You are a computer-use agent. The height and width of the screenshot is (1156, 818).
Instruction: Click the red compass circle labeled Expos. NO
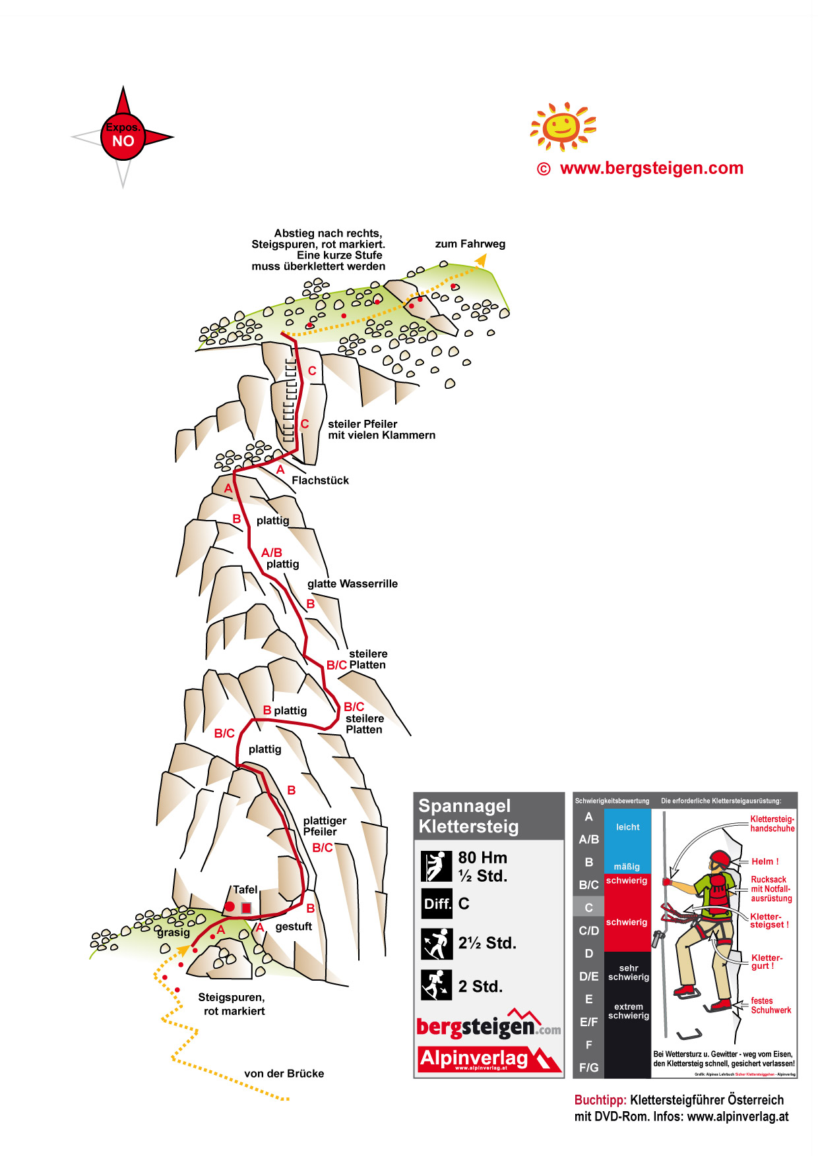pyautogui.click(x=123, y=137)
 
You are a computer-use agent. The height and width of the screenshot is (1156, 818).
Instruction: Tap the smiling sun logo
pyautogui.click(x=562, y=125)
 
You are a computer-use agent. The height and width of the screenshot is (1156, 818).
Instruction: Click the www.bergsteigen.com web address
pyautogui.click(x=651, y=169)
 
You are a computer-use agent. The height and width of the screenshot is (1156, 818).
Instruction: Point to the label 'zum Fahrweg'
pyautogui.click(x=470, y=244)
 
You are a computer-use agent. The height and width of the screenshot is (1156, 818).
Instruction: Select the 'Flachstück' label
pyautogui.click(x=320, y=480)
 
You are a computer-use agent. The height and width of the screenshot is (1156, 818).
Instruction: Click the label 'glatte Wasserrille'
pyautogui.click(x=352, y=584)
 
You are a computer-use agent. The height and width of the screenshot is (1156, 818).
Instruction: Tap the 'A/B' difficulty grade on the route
pyautogui.click(x=271, y=552)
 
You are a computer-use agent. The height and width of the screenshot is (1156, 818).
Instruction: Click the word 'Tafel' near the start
pyautogui.click(x=245, y=889)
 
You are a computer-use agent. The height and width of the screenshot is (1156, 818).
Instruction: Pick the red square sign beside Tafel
pyautogui.click(x=246, y=908)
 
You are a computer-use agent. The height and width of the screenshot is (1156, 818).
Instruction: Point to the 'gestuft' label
pyautogui.click(x=294, y=927)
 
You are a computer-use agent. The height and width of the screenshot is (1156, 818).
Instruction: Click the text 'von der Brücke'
pyautogui.click(x=284, y=1074)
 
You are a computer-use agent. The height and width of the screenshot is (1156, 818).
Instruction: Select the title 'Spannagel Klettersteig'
pyautogui.click(x=468, y=816)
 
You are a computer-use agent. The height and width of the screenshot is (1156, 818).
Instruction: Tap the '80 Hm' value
pyautogui.click(x=483, y=857)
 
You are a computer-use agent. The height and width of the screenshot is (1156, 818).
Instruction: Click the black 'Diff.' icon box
pyautogui.click(x=437, y=904)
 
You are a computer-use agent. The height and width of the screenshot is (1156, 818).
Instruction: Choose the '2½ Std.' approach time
pyautogui.click(x=487, y=943)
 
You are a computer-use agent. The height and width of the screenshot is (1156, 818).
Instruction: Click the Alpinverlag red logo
pyautogui.click(x=488, y=1059)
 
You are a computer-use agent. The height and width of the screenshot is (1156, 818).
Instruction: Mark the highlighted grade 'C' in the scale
pyautogui.click(x=588, y=908)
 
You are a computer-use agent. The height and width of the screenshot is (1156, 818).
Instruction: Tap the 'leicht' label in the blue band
pyautogui.click(x=627, y=827)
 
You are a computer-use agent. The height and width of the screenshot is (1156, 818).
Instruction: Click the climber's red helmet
pyautogui.click(x=720, y=859)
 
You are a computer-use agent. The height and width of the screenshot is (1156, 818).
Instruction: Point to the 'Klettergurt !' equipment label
pyautogui.click(x=767, y=962)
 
